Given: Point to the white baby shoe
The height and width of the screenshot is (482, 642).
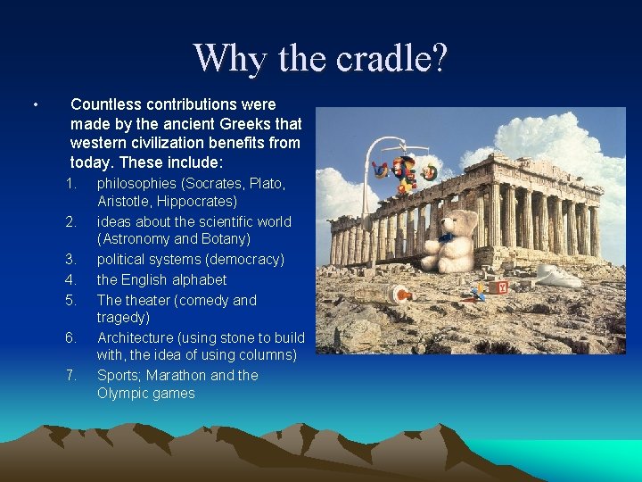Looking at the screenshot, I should pyautogui.click(x=558, y=276).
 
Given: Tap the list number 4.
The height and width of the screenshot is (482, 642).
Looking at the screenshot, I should pyautogui.click(x=70, y=279).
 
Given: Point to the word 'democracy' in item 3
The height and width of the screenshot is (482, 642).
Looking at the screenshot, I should pyautogui.click(x=248, y=259).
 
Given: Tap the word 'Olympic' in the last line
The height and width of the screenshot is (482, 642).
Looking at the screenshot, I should pyautogui.click(x=122, y=394).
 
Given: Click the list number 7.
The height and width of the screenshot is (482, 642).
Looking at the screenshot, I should pyautogui.click(x=70, y=375).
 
